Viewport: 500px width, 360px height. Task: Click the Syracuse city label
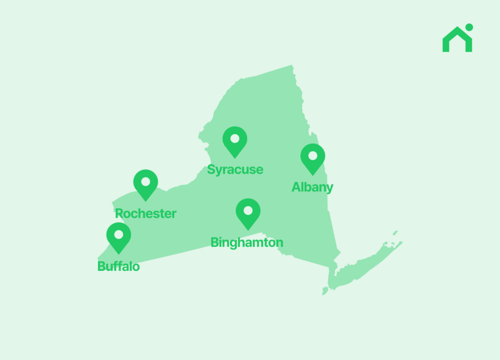click(x=235, y=170)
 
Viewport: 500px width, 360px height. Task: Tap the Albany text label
click(x=312, y=187)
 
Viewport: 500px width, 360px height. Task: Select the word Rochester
click(x=146, y=214)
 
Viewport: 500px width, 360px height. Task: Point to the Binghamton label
click(x=247, y=242)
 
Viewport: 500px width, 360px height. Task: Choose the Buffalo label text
click(x=119, y=267)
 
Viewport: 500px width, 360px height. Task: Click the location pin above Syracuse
click(x=235, y=141)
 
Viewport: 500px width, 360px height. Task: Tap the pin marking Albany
click(x=312, y=158)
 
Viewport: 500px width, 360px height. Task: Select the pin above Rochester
click(x=146, y=184)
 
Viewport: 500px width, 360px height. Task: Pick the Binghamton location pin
click(x=248, y=213)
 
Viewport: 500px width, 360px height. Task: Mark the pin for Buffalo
click(x=119, y=237)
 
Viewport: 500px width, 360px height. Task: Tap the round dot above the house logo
click(x=469, y=27)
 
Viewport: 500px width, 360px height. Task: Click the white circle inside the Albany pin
click(x=312, y=156)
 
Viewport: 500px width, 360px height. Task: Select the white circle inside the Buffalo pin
click(x=119, y=234)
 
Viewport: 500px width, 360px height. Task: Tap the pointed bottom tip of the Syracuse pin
click(x=235, y=158)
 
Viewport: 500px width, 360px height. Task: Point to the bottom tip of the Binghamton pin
click(x=248, y=230)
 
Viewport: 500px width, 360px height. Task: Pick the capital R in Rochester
click(x=119, y=214)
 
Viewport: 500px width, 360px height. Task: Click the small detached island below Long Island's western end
click(x=325, y=291)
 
